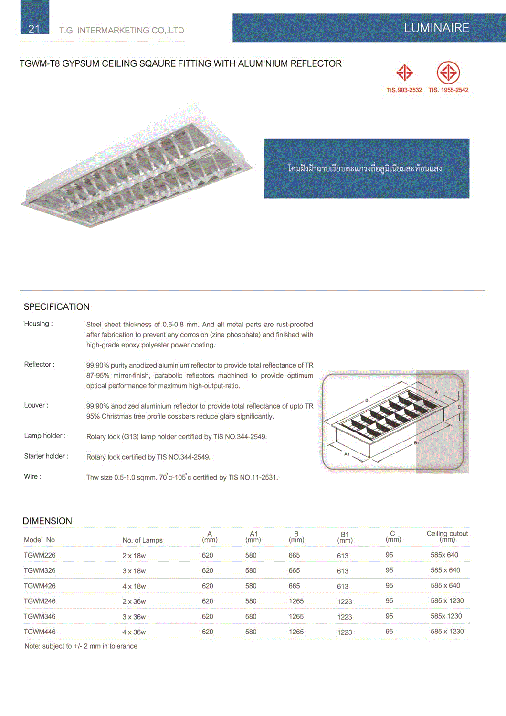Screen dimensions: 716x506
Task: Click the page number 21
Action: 34,29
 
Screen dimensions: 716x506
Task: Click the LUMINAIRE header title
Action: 436,28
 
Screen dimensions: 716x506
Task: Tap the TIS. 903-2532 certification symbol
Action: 404,73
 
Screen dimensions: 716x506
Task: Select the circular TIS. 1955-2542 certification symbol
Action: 448,73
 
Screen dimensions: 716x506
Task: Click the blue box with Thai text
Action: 366,168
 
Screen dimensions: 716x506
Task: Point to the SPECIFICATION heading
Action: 56,307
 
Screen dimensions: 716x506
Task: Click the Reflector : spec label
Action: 40,365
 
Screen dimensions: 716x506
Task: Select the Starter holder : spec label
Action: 46,456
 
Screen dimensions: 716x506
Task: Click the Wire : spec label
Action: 32,477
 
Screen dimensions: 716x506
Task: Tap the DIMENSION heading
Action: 47,521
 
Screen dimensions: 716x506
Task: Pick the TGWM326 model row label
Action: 40,571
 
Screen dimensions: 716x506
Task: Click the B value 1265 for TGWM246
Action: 296,601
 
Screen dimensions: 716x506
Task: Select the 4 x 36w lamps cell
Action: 134,632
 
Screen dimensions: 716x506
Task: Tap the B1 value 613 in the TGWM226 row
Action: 343,556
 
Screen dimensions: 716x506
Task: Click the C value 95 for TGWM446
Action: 390,632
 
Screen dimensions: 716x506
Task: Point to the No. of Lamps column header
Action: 142,540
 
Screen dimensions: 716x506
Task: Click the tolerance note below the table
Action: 81,646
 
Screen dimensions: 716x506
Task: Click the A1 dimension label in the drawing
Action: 347,454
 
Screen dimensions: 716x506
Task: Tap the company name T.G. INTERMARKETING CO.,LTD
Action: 121,31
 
